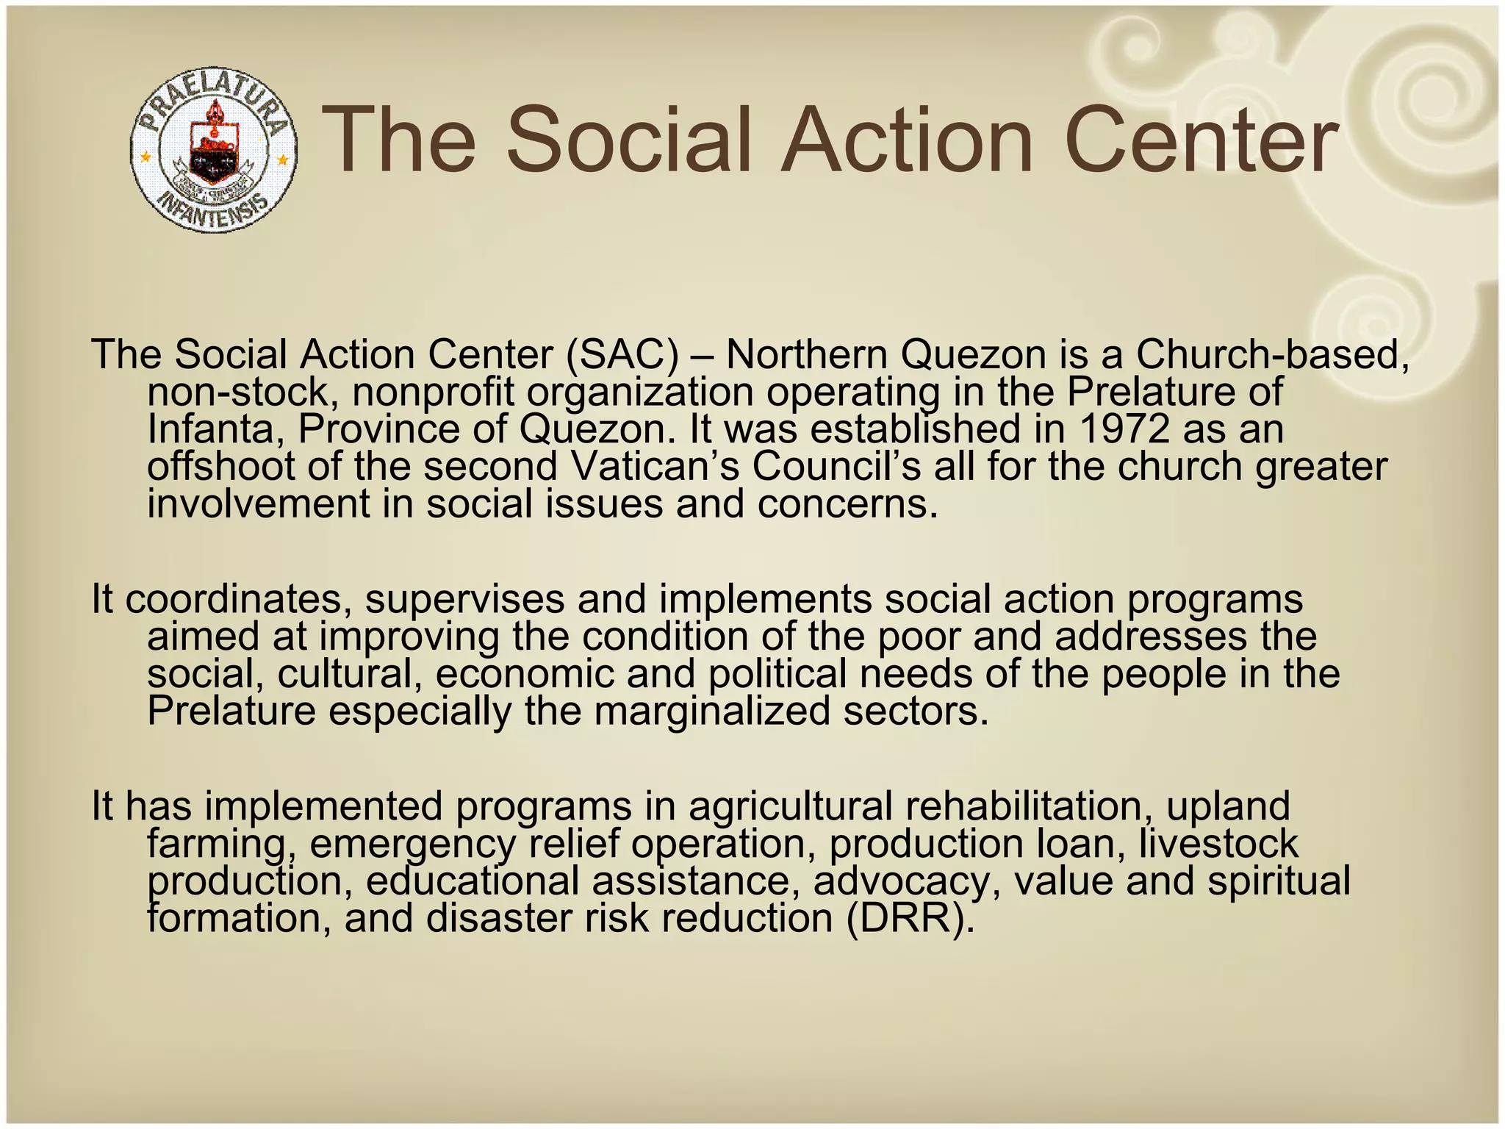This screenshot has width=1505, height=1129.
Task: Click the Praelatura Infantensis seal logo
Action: [214, 151]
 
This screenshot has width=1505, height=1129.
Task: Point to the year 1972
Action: [1124, 430]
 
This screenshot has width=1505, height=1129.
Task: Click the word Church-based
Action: [1272, 355]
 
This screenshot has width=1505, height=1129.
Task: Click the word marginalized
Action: [711, 712]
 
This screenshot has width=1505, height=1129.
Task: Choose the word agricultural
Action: [790, 807]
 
